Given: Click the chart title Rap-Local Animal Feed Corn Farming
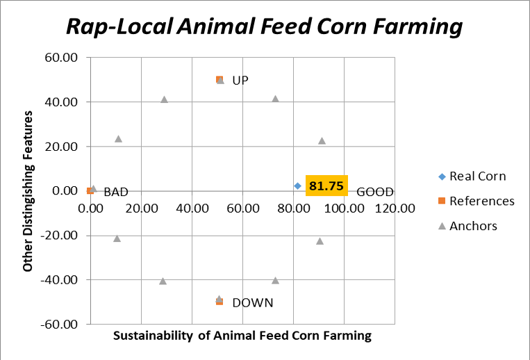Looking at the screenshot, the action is tap(265, 26).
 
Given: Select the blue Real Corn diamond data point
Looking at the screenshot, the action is tap(297, 186).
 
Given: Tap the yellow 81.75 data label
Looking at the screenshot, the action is tap(326, 186).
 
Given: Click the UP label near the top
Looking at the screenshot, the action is tap(240, 81).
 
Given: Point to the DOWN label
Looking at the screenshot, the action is tap(253, 302).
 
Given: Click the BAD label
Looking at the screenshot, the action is tap(116, 192).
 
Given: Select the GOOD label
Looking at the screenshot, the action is tap(375, 192).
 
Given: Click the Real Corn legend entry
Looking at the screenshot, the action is tap(472, 176).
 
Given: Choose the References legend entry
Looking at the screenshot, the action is tap(477, 201).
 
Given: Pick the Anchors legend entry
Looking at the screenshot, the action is tap(467, 226).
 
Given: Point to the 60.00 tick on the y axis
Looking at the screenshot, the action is tap(61, 58).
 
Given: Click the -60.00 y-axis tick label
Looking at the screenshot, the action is tap(59, 325).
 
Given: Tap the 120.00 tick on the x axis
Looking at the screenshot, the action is tap(395, 208).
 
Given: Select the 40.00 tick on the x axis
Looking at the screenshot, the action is tap(192, 208).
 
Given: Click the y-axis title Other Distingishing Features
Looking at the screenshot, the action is tap(27, 191).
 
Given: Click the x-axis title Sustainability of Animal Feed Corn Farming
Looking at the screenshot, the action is tap(242, 336).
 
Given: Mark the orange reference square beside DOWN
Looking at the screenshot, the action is tap(220, 302).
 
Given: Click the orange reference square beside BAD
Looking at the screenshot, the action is tap(90, 191).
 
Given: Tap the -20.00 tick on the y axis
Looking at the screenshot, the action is tap(59, 236).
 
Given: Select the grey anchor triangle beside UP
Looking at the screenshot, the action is tap(220, 81).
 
